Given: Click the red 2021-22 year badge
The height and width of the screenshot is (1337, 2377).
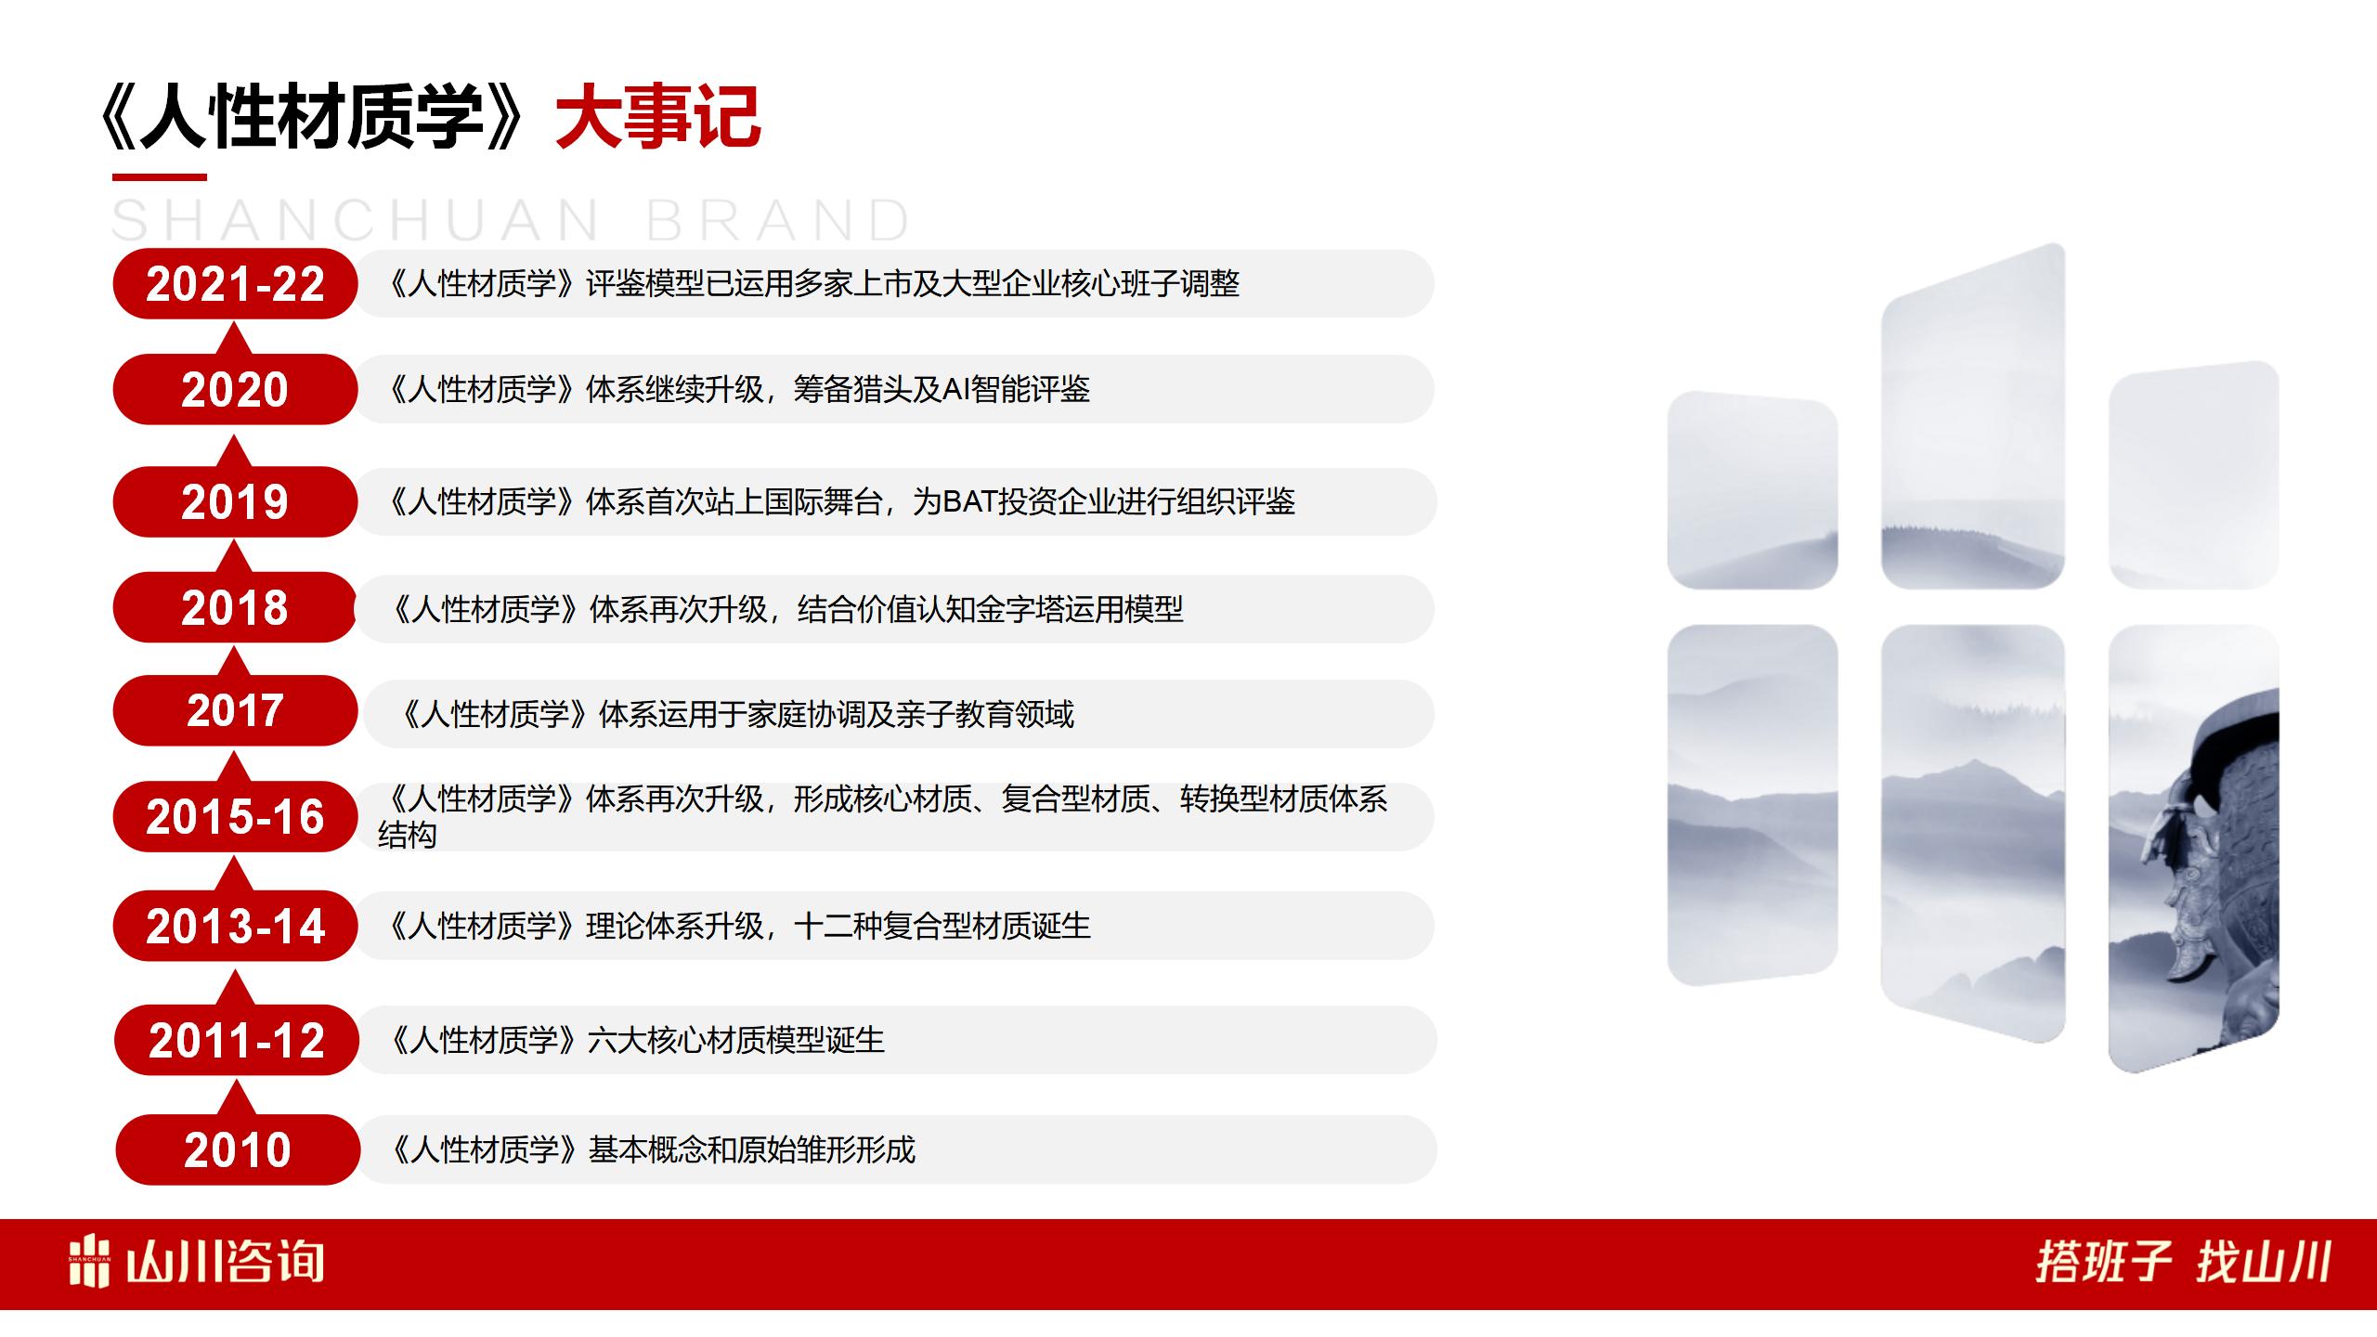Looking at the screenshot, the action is [235, 284].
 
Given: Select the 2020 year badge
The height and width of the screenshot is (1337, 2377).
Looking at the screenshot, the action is [235, 389].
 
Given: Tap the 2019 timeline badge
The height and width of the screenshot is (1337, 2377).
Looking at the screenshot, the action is [235, 501].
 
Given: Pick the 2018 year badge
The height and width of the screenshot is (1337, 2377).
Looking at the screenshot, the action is [235, 608].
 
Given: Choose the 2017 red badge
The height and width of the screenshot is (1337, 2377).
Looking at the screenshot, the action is [235, 711].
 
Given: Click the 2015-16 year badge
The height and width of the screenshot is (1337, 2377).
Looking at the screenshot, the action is [235, 817].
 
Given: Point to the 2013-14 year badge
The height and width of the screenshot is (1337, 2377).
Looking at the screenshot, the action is [235, 927].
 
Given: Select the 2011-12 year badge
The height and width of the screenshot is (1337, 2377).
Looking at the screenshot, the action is [237, 1040].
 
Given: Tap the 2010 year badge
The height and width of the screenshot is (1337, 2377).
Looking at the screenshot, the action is [238, 1150].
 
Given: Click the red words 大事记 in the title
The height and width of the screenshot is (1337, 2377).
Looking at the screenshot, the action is [658, 117].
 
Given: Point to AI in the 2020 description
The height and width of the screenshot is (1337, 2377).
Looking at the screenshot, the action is [956, 390].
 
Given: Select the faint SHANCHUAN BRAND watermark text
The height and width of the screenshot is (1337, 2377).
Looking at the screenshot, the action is [511, 221].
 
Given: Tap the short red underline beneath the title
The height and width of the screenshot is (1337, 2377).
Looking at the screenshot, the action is [160, 176].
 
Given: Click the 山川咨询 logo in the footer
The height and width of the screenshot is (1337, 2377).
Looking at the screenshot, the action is [196, 1263].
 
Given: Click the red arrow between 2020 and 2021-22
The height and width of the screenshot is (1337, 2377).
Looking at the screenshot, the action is [235, 338].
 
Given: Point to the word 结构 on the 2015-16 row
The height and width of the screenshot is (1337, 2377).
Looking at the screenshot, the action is [407, 836].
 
